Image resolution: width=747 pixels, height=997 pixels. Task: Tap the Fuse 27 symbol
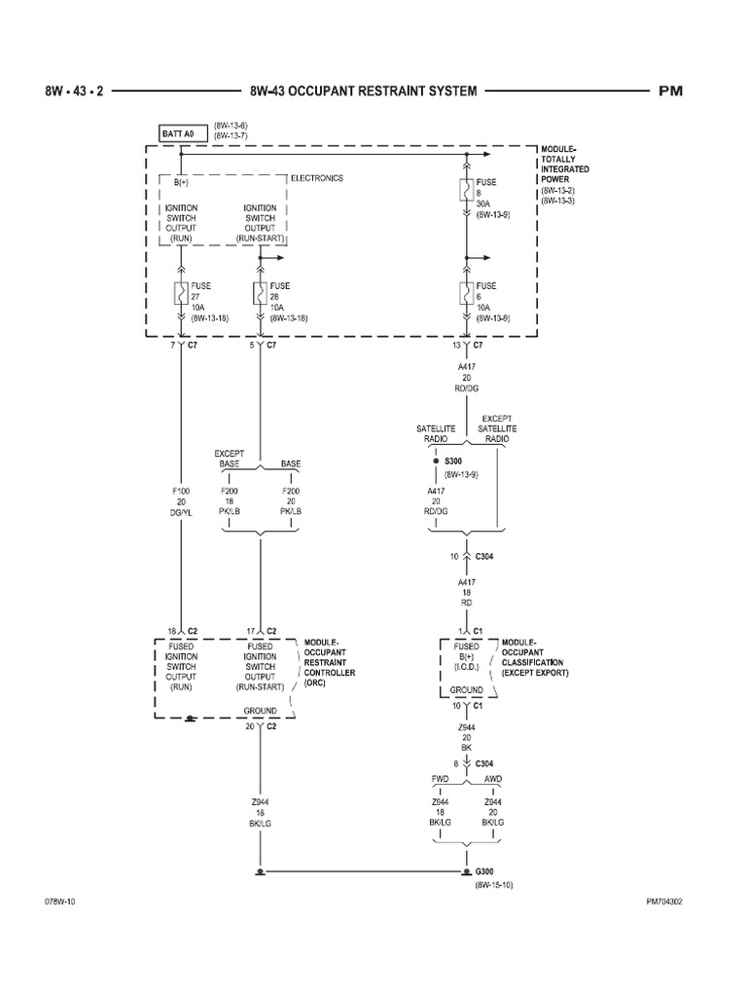coord(181,292)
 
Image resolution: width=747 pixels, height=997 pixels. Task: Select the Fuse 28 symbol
coord(260,292)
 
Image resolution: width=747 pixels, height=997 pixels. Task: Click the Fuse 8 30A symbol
coord(468,189)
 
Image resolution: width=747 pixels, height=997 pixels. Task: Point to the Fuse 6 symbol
coord(468,292)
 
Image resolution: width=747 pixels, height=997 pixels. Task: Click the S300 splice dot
coord(436,461)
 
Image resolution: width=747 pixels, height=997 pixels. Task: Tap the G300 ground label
coord(485,871)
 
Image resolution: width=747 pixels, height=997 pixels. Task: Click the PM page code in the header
coord(671,91)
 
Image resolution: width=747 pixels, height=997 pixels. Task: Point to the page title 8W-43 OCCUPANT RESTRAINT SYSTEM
coord(363,91)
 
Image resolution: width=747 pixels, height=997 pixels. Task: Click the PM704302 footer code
coord(664,902)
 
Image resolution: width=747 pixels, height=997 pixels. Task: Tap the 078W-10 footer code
coord(60,902)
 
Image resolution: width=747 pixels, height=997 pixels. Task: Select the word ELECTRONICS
coord(317,178)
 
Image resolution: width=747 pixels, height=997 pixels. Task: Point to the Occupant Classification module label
coord(535,658)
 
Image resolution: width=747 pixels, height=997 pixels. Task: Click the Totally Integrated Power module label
coord(565,175)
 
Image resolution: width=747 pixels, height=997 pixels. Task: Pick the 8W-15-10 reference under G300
coord(495,885)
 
